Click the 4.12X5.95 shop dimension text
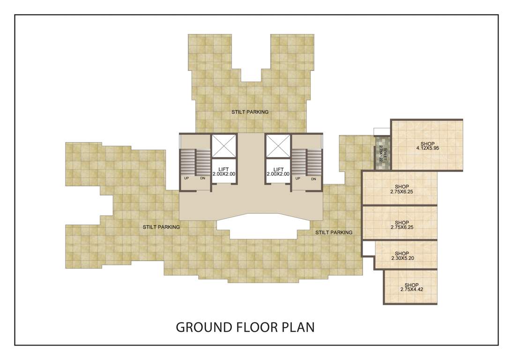pos(427,149)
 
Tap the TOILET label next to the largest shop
pos(381,153)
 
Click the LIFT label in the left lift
pos(223,169)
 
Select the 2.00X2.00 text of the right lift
pos(278,174)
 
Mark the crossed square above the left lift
pos(223,146)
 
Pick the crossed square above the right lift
pos(278,146)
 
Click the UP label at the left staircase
pos(186,179)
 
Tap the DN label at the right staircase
pos(313,179)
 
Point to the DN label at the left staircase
pos(202,179)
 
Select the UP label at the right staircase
pos(298,179)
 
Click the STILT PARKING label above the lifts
pos(250,112)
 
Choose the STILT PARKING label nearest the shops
pos(334,232)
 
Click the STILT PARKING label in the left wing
pos(162,227)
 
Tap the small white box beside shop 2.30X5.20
pos(368,248)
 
